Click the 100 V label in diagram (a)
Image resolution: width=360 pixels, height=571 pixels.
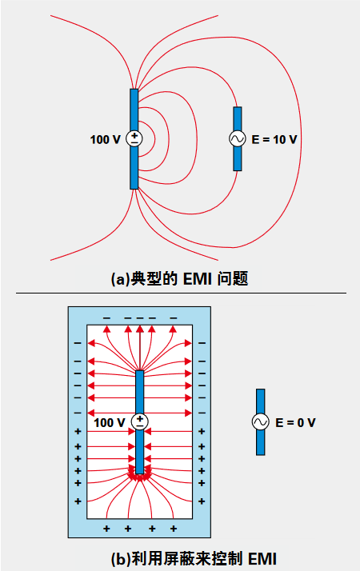[105, 139]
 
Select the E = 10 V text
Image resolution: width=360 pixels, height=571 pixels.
[274, 139]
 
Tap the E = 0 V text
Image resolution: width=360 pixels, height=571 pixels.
[294, 422]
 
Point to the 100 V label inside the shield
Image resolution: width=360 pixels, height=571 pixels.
[110, 422]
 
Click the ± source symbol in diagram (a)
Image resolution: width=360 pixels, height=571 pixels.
[134, 138]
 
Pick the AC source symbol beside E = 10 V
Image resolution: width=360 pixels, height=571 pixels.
[238, 138]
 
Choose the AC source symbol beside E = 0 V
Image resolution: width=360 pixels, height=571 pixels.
[261, 422]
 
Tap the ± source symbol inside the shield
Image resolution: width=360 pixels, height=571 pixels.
[140, 421]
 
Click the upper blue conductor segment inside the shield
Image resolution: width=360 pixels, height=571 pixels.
[140, 391]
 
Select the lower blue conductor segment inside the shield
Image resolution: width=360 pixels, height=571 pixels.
[140, 451]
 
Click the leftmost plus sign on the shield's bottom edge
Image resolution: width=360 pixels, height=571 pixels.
[107, 529]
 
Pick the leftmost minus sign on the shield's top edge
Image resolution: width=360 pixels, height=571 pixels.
[106, 317]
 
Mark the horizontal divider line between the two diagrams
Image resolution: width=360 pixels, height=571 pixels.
[180, 293]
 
